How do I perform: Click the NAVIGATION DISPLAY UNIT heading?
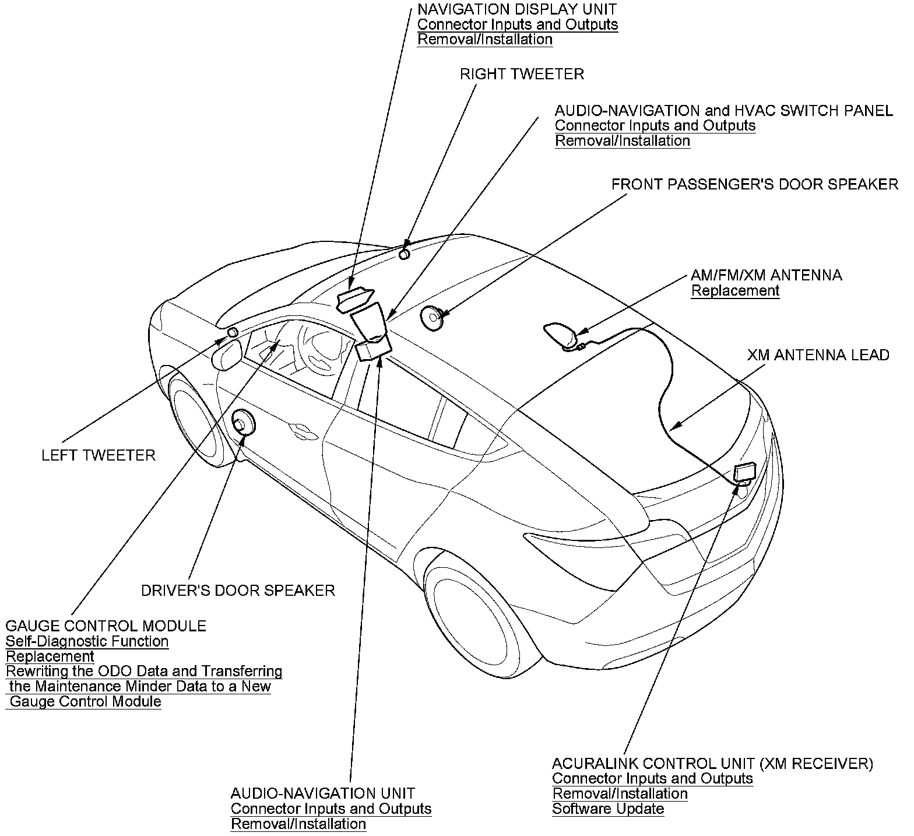tap(516, 9)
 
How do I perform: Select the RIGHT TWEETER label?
tap(522, 74)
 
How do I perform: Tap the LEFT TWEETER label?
tap(99, 455)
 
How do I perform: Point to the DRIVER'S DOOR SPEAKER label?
tap(238, 591)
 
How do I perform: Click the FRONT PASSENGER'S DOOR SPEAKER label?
tap(754, 185)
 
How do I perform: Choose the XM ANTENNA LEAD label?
tap(818, 355)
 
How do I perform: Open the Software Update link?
tap(608, 809)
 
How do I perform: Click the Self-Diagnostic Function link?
tap(87, 642)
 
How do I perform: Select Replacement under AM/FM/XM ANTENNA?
tap(735, 290)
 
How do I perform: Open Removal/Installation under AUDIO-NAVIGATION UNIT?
tap(298, 824)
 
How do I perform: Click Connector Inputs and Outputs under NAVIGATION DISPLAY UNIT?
tap(518, 24)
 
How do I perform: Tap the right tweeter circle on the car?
tap(405, 254)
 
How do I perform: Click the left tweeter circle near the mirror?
tap(232, 332)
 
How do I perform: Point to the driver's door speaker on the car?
tap(243, 423)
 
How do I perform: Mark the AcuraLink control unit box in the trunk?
tap(744, 472)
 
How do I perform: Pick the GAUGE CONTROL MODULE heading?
tap(106, 626)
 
